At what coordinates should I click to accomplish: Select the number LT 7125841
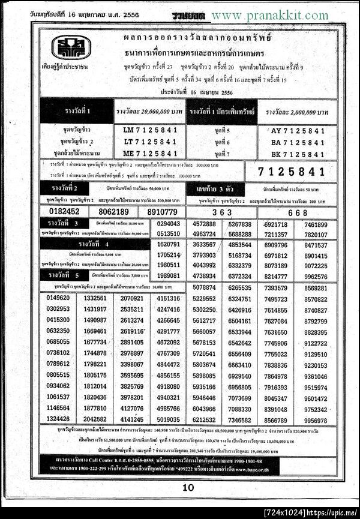[150, 142]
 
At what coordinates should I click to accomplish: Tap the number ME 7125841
[150, 153]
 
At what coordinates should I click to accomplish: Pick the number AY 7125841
[298, 130]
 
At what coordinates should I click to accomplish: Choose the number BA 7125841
[298, 142]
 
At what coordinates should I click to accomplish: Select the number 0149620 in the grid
[58, 298]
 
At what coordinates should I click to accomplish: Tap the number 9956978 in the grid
[316, 420]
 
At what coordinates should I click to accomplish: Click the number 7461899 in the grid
[316, 224]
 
